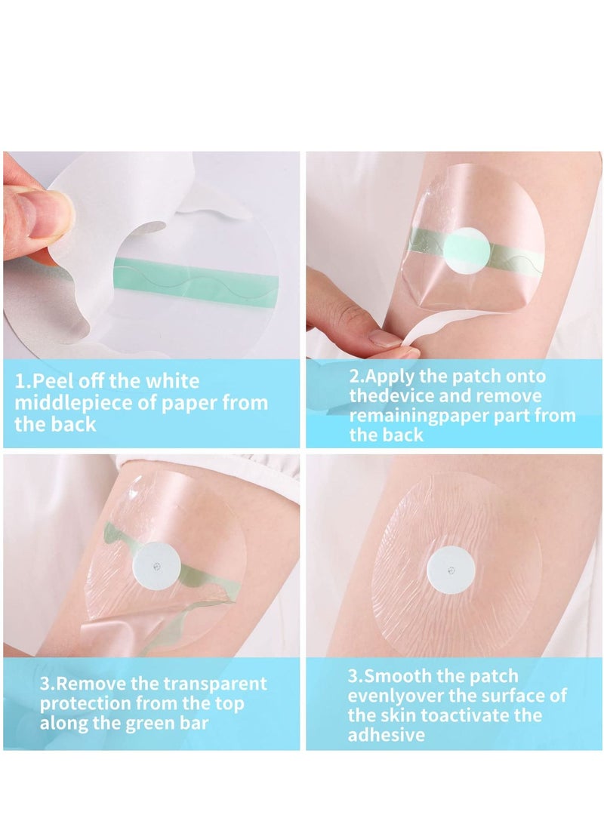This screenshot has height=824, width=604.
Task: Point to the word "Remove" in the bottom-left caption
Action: point(94,684)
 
